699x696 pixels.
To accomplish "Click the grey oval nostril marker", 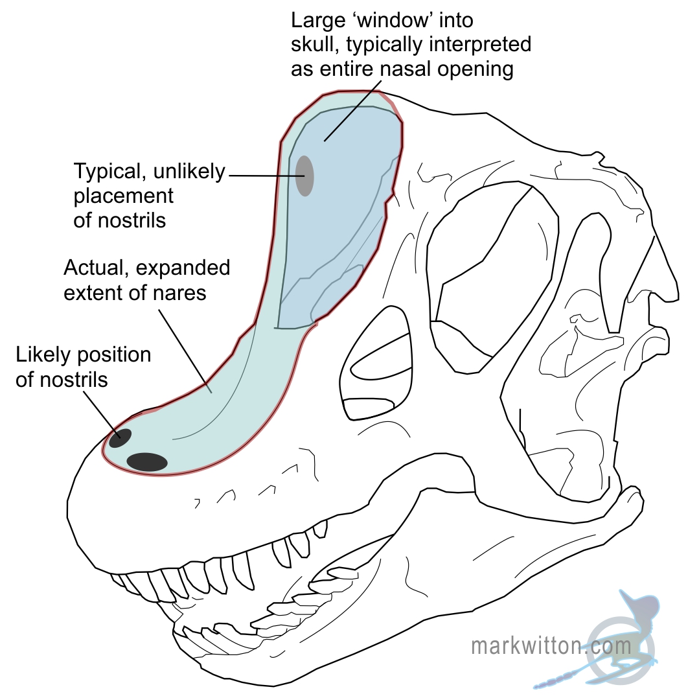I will (304, 176).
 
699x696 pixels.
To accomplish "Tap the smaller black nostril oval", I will (120, 439).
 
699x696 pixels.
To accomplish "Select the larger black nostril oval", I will (147, 462).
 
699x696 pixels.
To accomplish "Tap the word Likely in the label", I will (43, 355).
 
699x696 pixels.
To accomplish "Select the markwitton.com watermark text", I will (551, 645).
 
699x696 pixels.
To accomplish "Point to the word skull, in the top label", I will (317, 45).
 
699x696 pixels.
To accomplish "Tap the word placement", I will (124, 196).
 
